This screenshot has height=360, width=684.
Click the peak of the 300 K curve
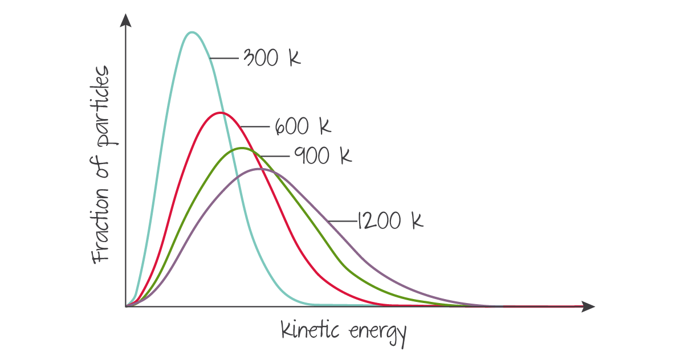tap(193, 32)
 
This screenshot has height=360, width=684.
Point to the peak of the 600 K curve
tap(221, 113)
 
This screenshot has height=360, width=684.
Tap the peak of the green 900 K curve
tap(242, 148)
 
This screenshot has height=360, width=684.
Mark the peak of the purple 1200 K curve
tap(260, 169)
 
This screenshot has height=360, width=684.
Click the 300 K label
tap(271, 58)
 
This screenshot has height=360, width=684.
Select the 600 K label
tap(302, 126)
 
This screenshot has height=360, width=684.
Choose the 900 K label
tap(323, 155)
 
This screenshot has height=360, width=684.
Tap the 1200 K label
tap(390, 220)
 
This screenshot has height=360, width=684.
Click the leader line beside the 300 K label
tap(225, 58)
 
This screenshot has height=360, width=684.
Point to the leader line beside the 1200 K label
tap(342, 220)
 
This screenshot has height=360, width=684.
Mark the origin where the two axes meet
tap(125, 307)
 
